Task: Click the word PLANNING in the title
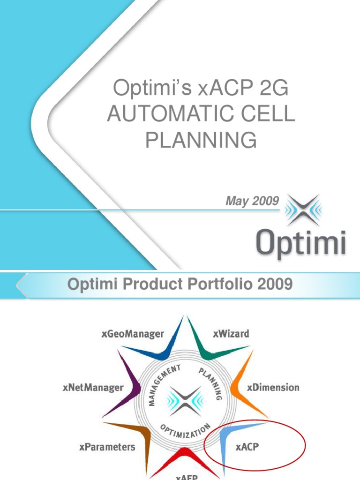point(201,139)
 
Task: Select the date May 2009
point(253,201)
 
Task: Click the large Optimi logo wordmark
point(301,242)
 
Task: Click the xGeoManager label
point(133,334)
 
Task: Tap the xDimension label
point(273,388)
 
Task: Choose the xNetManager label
point(93,388)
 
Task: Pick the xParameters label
point(107,447)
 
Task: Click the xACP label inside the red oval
point(247,447)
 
